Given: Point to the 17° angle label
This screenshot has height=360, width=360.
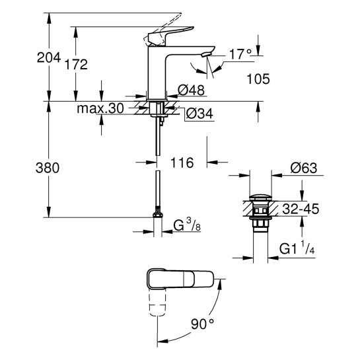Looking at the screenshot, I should point(240,53).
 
